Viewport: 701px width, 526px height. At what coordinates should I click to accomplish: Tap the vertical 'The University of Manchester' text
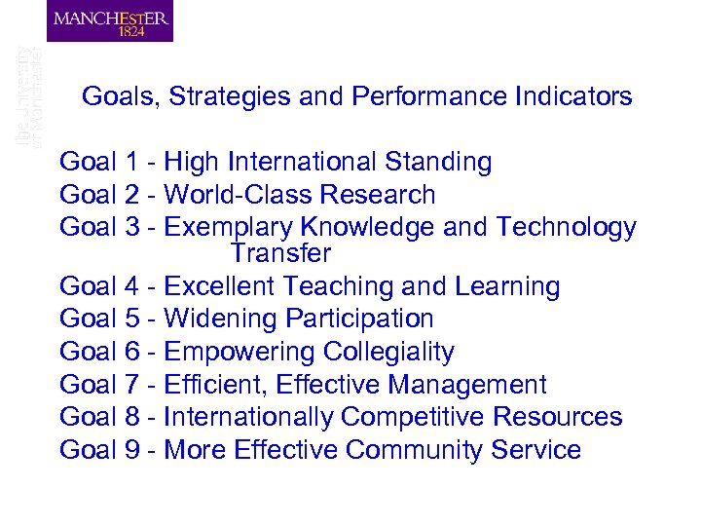29,97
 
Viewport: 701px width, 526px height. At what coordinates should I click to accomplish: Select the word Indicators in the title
573,97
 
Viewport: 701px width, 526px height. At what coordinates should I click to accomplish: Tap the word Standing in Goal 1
438,162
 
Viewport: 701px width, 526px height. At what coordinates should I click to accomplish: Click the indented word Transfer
280,254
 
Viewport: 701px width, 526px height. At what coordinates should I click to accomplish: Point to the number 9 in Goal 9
137,450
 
